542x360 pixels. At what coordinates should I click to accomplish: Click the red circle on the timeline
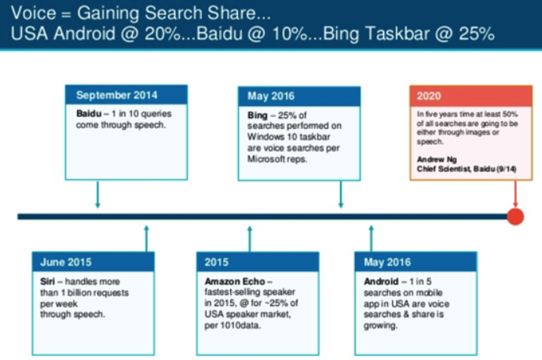515,216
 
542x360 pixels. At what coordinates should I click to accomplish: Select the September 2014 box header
126,95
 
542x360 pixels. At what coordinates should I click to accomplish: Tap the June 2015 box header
93,262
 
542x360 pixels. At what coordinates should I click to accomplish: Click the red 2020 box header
471,96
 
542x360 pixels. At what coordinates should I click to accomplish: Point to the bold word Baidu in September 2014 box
89,114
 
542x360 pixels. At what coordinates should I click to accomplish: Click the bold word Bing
258,116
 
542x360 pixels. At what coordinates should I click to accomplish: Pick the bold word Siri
47,281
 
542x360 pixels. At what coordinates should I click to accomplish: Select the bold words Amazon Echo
235,281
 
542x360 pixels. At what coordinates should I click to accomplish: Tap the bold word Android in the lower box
381,281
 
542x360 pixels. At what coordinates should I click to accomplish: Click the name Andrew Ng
437,160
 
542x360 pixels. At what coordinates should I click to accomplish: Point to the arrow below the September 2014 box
98,194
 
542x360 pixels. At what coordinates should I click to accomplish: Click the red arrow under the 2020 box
515,194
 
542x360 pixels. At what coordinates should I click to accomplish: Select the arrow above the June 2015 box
147,239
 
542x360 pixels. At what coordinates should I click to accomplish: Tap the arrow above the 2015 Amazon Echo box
250,239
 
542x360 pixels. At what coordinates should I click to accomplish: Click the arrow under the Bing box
341,194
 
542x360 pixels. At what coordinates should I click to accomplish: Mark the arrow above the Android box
372,239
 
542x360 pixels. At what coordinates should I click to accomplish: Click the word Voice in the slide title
34,13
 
